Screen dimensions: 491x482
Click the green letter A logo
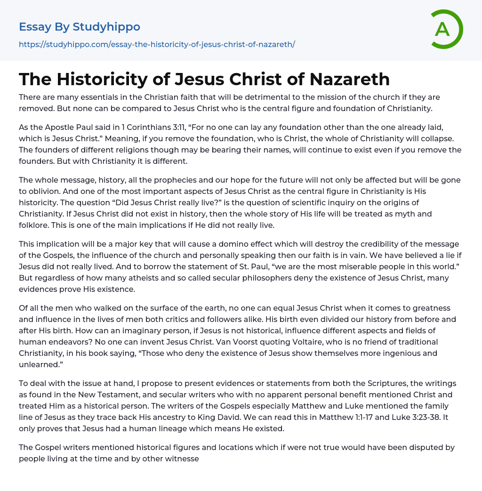tap(446, 29)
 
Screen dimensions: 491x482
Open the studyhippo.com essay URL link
tap(157, 45)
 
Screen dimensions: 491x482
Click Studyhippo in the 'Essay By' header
tap(106, 27)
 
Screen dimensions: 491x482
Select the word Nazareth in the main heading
tap(350, 80)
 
